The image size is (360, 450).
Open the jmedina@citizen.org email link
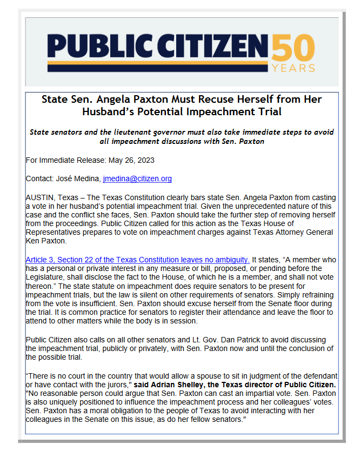137,178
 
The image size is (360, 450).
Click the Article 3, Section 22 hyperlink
137,260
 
